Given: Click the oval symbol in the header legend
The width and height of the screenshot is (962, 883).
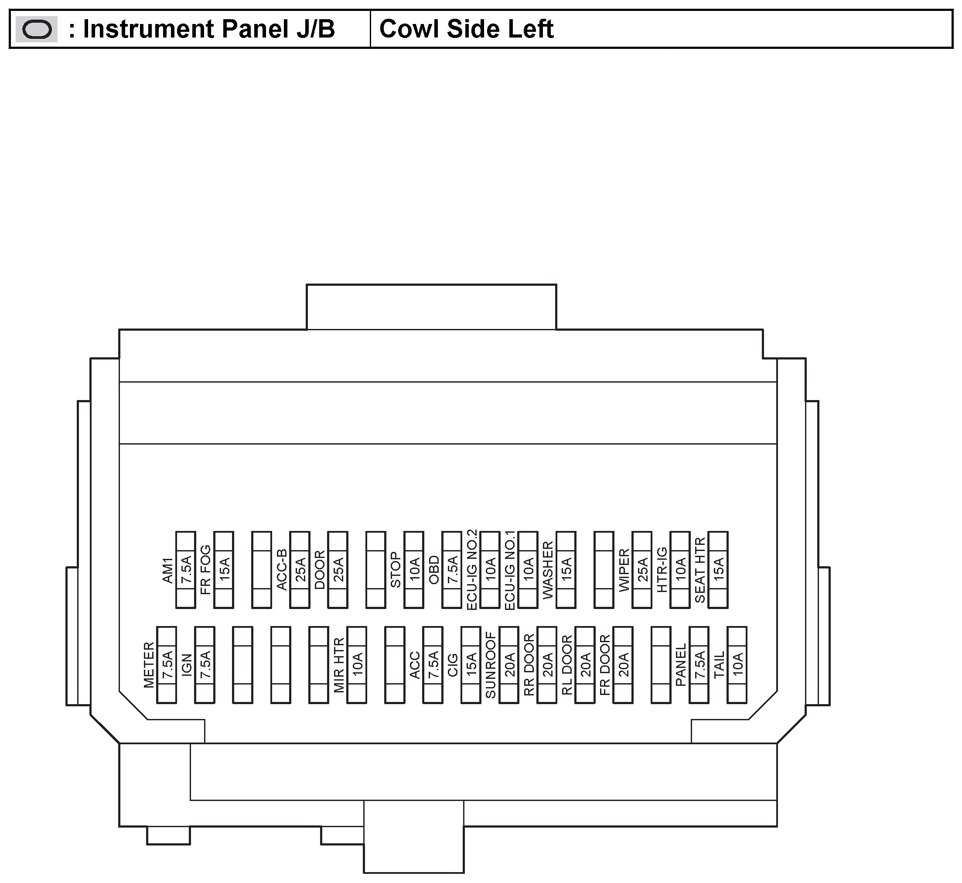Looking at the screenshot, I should (37, 30).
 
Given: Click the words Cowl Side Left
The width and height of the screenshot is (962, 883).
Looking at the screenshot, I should (466, 29).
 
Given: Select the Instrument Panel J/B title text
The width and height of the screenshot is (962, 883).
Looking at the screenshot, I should (208, 29).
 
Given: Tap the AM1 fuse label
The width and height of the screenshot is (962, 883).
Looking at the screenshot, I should (167, 570).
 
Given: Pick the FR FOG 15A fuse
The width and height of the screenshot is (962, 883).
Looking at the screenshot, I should (224, 570).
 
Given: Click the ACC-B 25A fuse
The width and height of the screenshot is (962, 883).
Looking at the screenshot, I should (300, 570).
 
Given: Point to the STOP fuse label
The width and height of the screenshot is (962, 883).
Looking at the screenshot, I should (396, 570).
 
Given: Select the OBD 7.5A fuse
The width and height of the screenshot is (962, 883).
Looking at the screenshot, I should (452, 570).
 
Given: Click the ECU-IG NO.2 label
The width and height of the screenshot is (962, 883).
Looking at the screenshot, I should (471, 570).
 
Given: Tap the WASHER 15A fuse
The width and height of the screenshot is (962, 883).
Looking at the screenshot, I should (566, 570).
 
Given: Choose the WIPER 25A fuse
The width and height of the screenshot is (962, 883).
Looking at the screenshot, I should (642, 570).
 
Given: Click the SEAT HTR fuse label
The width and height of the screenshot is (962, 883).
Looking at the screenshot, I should (700, 570).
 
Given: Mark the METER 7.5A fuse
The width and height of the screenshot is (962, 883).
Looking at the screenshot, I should (167, 664).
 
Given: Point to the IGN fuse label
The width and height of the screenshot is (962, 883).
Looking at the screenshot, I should (187, 664).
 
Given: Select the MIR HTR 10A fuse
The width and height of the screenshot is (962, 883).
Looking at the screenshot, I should (357, 664).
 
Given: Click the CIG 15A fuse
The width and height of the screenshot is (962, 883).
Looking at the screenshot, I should (471, 664).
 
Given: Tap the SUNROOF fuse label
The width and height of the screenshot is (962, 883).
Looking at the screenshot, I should (491, 664).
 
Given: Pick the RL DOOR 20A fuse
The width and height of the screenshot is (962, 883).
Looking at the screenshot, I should (585, 664).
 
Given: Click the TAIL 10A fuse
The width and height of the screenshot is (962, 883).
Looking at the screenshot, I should (737, 664).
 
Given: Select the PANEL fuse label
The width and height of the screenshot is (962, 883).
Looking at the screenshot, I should (681, 664).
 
